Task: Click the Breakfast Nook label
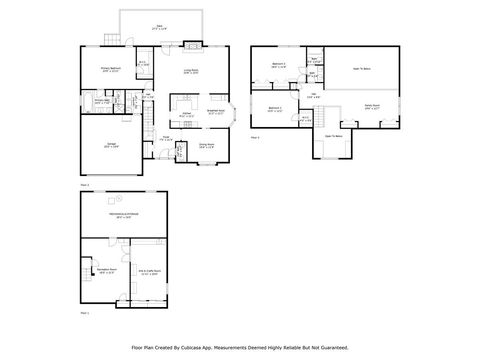pyautogui.click(x=215, y=112)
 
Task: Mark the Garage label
pyautogui.click(x=108, y=144)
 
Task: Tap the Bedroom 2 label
pyautogui.click(x=274, y=108)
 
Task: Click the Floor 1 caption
pyautogui.click(x=84, y=313)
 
